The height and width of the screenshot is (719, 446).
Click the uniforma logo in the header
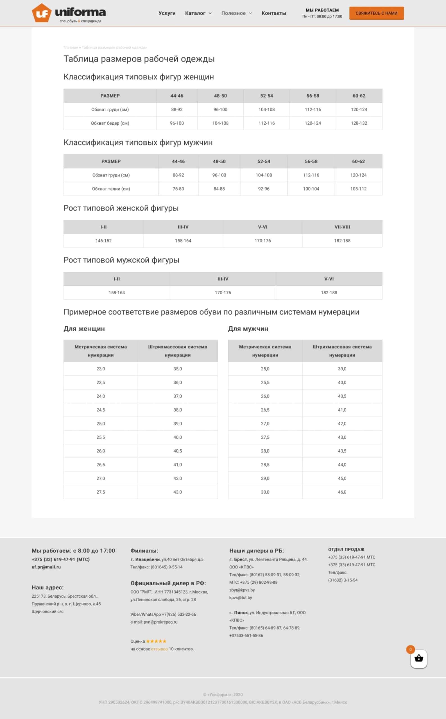69,13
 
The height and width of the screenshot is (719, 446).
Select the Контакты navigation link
273,13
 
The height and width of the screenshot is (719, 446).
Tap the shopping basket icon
418,658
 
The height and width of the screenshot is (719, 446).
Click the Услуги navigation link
167,13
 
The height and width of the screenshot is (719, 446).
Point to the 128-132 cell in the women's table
359,123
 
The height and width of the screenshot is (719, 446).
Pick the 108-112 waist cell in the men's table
358,189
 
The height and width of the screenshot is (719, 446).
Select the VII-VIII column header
342,227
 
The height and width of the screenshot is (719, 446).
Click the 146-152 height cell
103,240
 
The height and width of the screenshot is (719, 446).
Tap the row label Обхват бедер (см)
110,123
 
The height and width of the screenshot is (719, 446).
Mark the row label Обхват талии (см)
111,189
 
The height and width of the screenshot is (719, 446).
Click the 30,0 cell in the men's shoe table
265,492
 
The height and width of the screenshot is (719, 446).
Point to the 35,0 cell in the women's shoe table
178,369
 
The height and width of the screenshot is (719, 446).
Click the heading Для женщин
84,329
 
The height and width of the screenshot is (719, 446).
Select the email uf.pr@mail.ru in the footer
46,567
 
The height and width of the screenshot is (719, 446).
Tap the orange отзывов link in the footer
159,649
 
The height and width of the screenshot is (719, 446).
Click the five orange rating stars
156,641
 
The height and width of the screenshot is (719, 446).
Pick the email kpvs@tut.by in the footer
240,598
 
